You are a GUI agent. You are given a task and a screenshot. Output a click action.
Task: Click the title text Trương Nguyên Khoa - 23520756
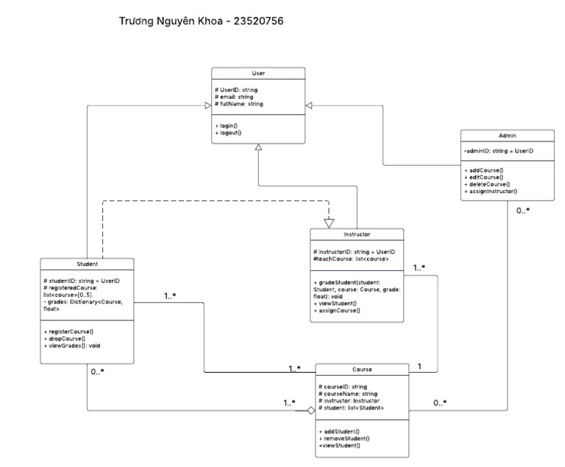[201, 21]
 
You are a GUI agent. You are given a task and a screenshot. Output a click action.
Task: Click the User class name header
[258, 74]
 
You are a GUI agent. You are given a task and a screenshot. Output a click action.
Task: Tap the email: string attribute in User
[234, 96]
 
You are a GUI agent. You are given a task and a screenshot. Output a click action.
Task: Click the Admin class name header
[507, 136]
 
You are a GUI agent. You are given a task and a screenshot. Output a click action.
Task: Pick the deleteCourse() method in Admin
[487, 184]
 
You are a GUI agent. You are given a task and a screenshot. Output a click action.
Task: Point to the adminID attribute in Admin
[498, 151]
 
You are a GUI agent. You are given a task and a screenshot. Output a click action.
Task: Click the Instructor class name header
[357, 235]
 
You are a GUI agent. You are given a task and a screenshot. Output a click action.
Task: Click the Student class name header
[88, 264]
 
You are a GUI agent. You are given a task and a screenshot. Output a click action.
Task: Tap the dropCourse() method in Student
[65, 338]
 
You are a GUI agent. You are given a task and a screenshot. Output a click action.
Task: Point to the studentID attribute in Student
[82, 281]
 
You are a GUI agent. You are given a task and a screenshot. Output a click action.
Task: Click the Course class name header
[362, 369]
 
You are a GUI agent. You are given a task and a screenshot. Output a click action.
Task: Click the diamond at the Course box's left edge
[311, 410]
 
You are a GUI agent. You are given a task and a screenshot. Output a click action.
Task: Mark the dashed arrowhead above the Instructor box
[329, 222]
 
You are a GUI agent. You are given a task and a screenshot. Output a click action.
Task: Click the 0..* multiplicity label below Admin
[522, 211]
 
